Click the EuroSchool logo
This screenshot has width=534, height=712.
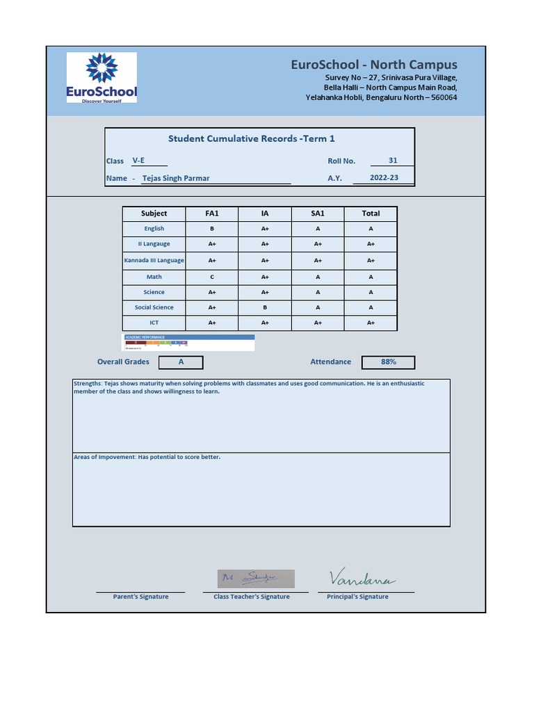(x=102, y=78)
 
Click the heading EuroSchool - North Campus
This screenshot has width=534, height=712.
(x=373, y=65)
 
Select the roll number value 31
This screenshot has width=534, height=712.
(x=393, y=161)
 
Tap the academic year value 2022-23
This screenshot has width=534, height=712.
(x=384, y=178)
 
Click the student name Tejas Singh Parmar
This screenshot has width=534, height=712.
(x=176, y=178)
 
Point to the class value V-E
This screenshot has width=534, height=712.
(x=139, y=161)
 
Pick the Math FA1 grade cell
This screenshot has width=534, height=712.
(x=212, y=277)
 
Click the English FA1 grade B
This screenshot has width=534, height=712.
(x=212, y=229)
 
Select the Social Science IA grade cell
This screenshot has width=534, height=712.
(x=265, y=307)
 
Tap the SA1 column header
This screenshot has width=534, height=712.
(x=318, y=213)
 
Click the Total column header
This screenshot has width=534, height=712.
(x=371, y=213)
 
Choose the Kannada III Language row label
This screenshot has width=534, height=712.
(x=154, y=261)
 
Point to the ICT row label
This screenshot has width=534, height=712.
(x=154, y=323)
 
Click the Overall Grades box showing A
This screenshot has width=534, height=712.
(x=181, y=362)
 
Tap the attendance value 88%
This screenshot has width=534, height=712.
(x=389, y=362)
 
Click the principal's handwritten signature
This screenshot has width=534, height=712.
(x=362, y=578)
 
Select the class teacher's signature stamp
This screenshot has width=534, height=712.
(x=255, y=578)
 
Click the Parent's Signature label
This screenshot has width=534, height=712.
(x=140, y=597)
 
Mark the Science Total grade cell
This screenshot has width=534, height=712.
(x=371, y=292)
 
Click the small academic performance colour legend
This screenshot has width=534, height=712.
(x=188, y=342)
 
